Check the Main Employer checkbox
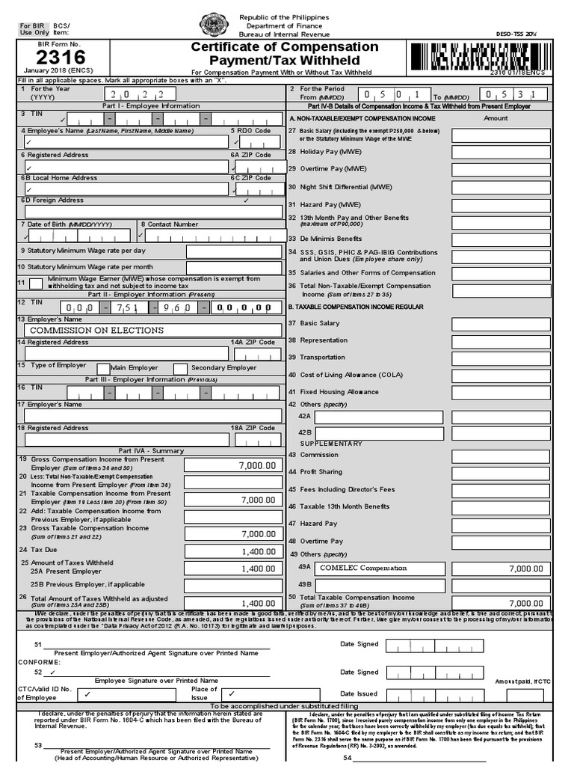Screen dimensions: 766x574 click(103, 368)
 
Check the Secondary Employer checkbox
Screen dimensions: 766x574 click(180, 368)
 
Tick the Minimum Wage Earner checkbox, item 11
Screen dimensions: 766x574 click(35, 283)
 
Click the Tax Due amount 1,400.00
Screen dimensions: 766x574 click(233, 551)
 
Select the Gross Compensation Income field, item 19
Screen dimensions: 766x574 click(233, 465)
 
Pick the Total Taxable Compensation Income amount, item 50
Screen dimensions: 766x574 click(500, 603)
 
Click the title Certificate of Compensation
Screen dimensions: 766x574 click(284, 47)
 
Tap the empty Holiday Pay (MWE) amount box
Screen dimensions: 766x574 click(500, 152)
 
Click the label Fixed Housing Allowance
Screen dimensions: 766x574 click(339, 391)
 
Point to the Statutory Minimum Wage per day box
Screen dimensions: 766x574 click(233, 251)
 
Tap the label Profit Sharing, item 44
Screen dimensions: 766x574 click(322, 472)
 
